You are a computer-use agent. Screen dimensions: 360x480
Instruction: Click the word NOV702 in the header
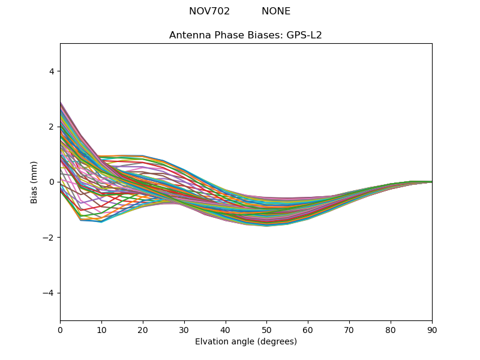pos(209,11)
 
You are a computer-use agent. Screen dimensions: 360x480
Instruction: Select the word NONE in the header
pos(276,11)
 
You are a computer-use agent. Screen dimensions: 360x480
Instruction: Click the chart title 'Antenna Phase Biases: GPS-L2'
pos(245,35)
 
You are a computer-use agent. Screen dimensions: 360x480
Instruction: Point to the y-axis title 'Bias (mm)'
pos(34,182)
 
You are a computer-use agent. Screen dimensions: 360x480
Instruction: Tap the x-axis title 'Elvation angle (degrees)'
pos(246,342)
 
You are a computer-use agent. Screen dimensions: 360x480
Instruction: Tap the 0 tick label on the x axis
pos(60,329)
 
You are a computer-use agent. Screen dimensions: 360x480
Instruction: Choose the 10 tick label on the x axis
pos(101,329)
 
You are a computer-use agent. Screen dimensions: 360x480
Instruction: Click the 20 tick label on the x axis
pos(143,329)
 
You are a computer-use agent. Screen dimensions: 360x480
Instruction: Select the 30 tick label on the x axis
pos(184,329)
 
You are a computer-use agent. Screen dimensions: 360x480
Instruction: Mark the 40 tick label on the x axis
pos(226,329)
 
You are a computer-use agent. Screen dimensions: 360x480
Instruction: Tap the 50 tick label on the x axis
pos(266,329)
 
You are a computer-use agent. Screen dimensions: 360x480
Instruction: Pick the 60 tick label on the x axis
pos(308,329)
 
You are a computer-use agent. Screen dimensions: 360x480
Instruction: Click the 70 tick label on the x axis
pos(349,329)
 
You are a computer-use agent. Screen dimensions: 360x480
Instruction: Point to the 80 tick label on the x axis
pos(391,329)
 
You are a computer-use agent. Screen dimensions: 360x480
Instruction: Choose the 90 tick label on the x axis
pos(432,329)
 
